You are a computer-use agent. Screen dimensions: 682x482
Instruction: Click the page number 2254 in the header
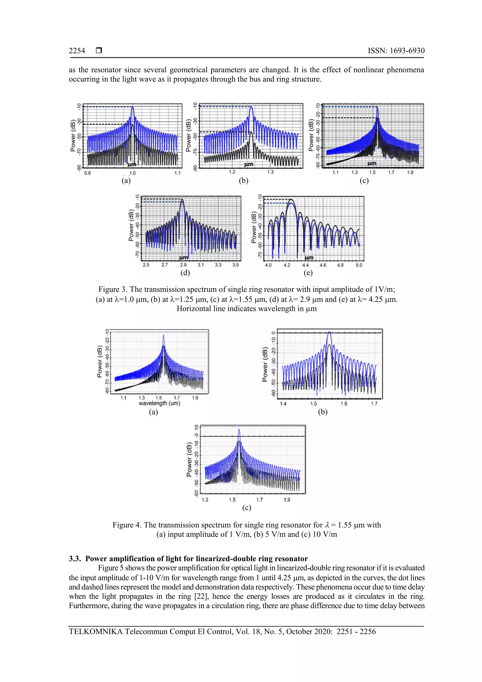[x=77, y=51]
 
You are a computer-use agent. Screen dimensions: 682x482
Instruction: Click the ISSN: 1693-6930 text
[x=396, y=51]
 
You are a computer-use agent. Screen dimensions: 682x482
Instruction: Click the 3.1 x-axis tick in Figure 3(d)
[x=201, y=265]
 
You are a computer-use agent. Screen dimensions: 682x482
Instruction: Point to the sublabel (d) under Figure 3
[x=185, y=273]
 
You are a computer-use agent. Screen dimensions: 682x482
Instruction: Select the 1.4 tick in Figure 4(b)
[x=283, y=404]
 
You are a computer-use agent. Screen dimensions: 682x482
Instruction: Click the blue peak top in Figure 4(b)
[x=329, y=332]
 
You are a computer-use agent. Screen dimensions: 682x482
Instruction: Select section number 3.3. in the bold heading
[x=75, y=559]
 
